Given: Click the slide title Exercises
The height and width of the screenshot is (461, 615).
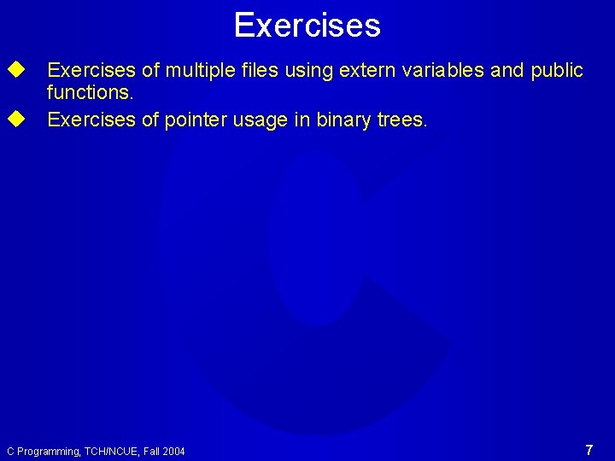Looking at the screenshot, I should pyautogui.click(x=307, y=25).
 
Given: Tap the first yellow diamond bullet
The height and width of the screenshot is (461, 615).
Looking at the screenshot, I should pyautogui.click(x=15, y=69).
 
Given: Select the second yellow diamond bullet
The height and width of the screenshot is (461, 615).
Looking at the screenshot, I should pyautogui.click(x=15, y=119).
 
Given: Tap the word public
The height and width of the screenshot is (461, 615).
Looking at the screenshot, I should pyautogui.click(x=556, y=70).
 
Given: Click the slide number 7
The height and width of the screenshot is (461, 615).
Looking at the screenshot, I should pyautogui.click(x=589, y=449).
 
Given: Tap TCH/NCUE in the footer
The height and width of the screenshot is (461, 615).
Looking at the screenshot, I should pyautogui.click(x=111, y=451).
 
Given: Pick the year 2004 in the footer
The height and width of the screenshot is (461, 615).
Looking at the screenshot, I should pyautogui.click(x=173, y=451).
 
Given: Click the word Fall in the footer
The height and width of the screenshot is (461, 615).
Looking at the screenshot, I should pyautogui.click(x=149, y=451).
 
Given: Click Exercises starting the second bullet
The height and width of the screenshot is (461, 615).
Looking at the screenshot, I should pyautogui.click(x=91, y=120).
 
